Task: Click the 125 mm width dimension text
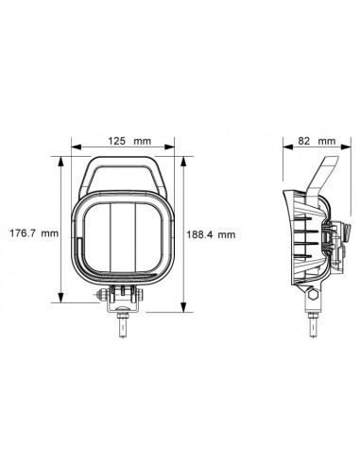127,142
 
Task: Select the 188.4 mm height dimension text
210,235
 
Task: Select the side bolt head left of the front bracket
102,296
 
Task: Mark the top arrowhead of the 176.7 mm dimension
61,162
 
